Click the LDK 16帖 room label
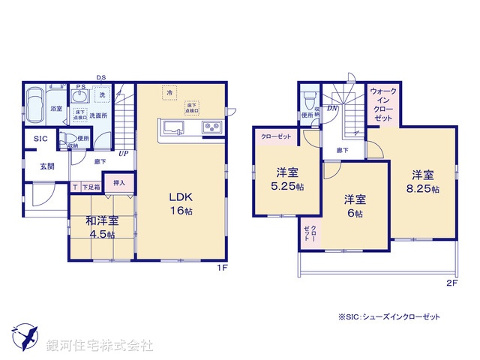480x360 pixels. (179, 203)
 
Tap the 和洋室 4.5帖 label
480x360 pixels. (101, 226)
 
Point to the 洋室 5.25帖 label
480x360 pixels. (288, 178)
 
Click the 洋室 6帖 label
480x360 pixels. (355, 205)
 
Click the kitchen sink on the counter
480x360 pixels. (172, 128)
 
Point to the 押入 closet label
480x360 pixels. (119, 182)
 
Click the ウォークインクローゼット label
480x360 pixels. (383, 105)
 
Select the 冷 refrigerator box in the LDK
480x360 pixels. (170, 92)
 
